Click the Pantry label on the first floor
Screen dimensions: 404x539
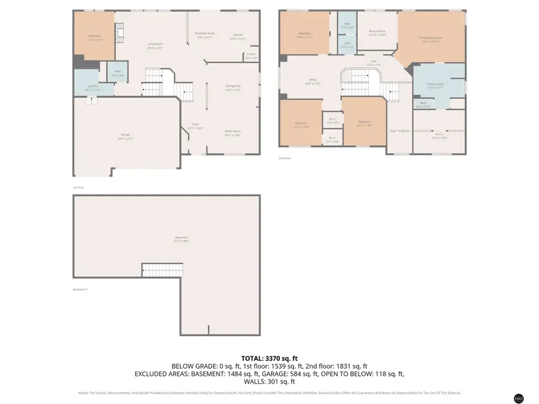251,56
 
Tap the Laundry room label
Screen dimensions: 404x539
93,87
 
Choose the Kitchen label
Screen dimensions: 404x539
238,37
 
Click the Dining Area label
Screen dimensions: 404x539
233,87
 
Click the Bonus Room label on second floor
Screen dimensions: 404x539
377,33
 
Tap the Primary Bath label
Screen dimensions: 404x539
435,86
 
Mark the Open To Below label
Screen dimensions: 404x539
399,130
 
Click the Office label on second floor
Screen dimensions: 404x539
313,81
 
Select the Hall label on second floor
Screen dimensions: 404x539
373,62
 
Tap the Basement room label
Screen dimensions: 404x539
182,239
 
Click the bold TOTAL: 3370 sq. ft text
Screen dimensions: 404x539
269,357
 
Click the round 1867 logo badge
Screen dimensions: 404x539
519,398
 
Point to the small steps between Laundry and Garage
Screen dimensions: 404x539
91,101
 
